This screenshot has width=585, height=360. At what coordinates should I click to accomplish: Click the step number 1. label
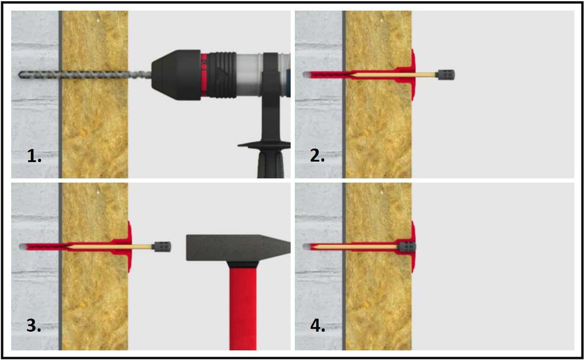click(x=34, y=156)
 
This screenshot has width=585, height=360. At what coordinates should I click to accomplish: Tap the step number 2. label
click(x=317, y=156)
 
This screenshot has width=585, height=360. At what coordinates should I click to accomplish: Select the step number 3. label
click(x=33, y=325)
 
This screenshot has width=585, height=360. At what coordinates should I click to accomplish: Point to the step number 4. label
click(x=318, y=325)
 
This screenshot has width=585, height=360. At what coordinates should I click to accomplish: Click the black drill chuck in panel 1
click(x=176, y=75)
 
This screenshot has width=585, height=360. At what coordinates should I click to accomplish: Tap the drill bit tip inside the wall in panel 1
click(x=20, y=75)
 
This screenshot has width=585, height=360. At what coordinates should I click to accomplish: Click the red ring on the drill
click(x=204, y=75)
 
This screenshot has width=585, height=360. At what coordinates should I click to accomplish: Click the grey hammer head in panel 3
click(x=238, y=247)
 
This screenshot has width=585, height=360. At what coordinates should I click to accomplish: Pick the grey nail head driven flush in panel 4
click(x=407, y=247)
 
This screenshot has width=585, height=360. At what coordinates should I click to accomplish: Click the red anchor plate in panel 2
click(x=412, y=75)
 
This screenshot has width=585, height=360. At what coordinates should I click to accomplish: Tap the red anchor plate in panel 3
click(x=129, y=247)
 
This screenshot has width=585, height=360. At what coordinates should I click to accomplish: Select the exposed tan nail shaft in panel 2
click(x=426, y=75)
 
